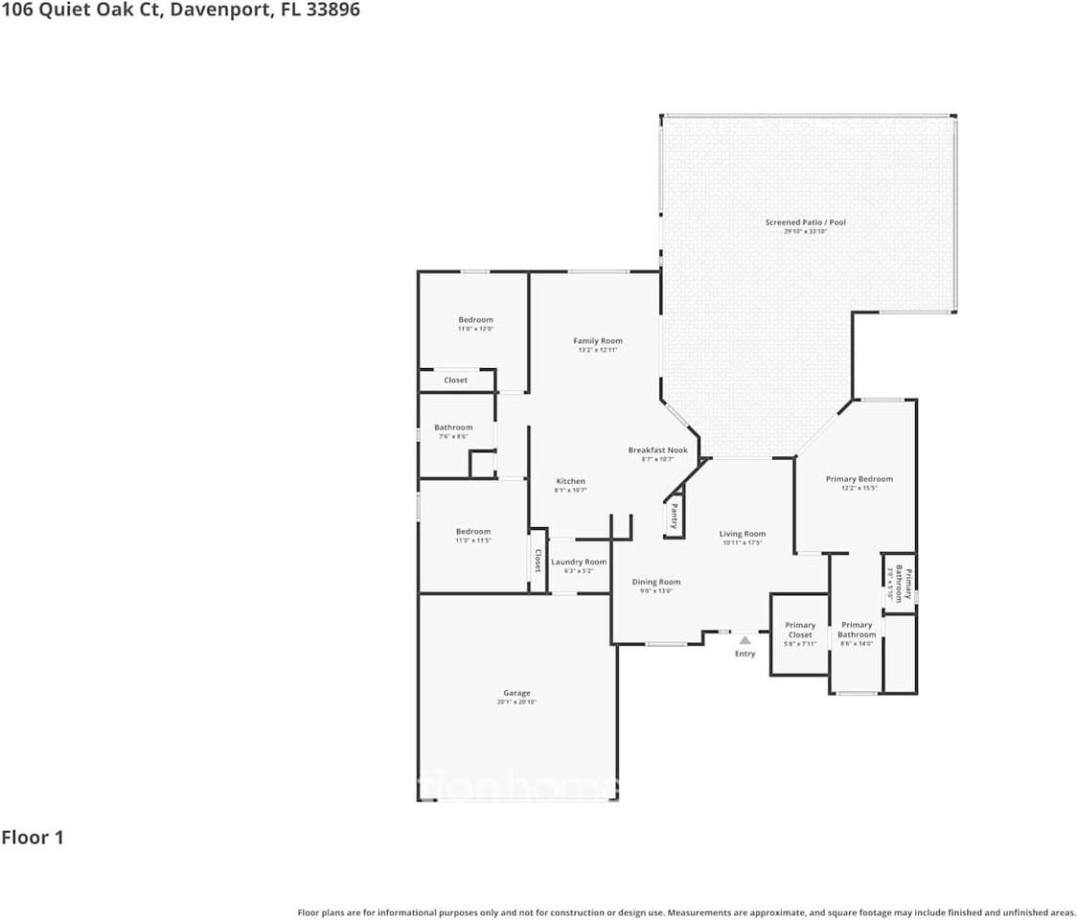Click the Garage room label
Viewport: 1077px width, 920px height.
point(516,693)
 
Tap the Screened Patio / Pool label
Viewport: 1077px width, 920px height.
point(805,222)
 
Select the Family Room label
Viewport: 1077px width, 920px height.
point(598,340)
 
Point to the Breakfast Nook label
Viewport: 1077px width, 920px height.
point(657,449)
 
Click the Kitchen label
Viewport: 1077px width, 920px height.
point(571,481)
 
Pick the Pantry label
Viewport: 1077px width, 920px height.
point(675,517)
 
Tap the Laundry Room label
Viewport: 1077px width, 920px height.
point(579,562)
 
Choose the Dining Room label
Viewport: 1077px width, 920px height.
point(656,582)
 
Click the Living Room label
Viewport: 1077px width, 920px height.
point(743,534)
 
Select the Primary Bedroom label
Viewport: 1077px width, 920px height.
point(859,479)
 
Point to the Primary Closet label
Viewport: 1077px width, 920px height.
point(800,630)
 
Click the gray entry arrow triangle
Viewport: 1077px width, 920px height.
point(745,640)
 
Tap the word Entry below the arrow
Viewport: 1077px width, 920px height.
point(745,654)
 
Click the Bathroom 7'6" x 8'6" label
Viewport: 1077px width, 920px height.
point(453,427)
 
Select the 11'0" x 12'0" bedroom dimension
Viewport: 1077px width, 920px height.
point(475,329)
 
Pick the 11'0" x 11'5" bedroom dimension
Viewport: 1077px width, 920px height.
point(473,540)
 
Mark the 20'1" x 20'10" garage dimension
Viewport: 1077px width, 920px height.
point(516,702)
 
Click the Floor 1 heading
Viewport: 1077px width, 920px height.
point(33,838)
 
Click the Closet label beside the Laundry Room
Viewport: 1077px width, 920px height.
point(538,560)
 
